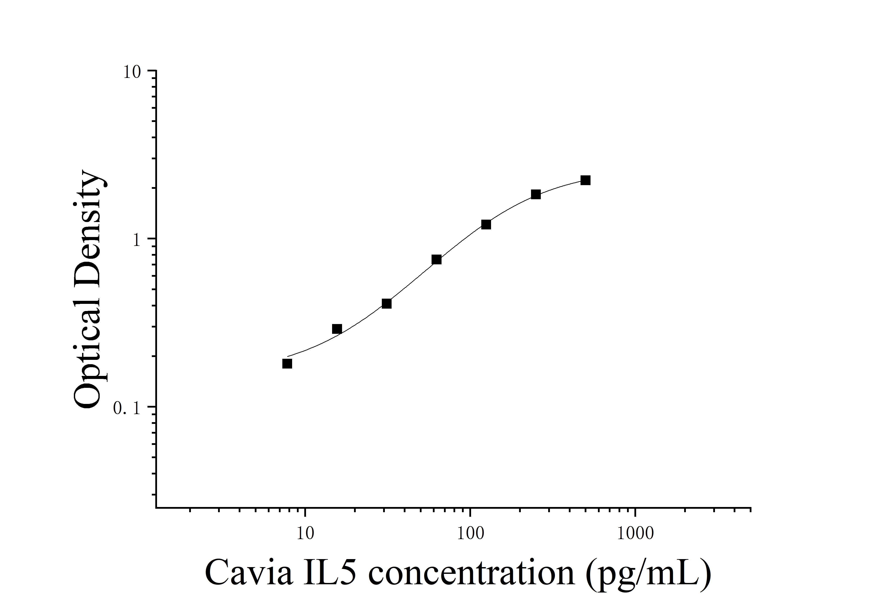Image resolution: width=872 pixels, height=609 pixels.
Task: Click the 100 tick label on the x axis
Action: [470, 533]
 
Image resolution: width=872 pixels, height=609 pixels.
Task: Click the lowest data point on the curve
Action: [287, 364]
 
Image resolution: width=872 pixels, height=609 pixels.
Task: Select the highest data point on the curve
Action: [585, 180]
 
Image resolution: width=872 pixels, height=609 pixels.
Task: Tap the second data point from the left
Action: [337, 329]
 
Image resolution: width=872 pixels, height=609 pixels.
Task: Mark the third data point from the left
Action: [387, 304]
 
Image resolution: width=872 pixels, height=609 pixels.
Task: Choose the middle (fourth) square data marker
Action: [436, 260]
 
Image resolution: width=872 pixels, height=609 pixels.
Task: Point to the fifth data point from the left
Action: [486, 225]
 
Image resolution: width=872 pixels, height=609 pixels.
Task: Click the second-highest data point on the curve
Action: [536, 194]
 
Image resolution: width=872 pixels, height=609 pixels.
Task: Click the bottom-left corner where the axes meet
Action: [156, 507]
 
